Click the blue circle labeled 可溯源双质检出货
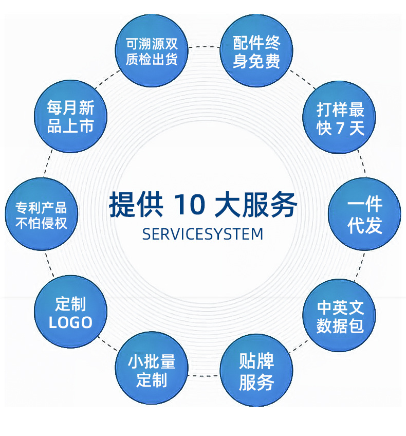152,51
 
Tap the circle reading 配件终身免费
256,51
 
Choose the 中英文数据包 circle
340,316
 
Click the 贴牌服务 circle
256,372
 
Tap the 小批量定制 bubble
152,372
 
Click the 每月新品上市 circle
71,117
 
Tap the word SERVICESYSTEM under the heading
202,234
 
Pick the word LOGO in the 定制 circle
71,322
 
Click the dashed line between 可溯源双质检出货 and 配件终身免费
204,47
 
